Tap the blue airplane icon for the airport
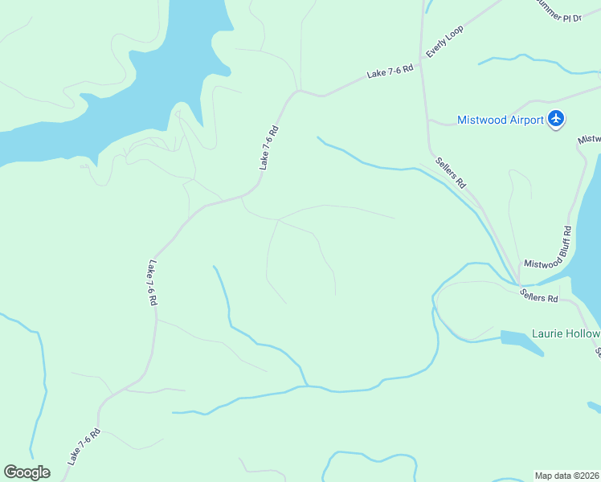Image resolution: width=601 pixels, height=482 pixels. (x=556, y=120)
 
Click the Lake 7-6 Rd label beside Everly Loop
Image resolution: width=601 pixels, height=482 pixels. (x=390, y=71)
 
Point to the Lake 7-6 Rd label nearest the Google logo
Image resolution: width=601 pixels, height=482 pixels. (x=84, y=446)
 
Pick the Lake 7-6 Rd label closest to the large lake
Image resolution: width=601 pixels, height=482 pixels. (x=268, y=147)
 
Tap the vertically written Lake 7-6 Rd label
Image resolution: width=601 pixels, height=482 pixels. (x=151, y=282)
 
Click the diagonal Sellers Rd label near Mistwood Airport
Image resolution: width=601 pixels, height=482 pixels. (x=451, y=172)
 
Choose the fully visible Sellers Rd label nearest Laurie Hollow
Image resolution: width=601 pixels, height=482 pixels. (x=538, y=295)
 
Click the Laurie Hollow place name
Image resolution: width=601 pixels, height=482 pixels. (x=566, y=334)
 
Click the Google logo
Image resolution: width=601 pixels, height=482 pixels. (x=27, y=472)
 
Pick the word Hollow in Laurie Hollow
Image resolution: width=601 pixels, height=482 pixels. (x=583, y=334)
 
